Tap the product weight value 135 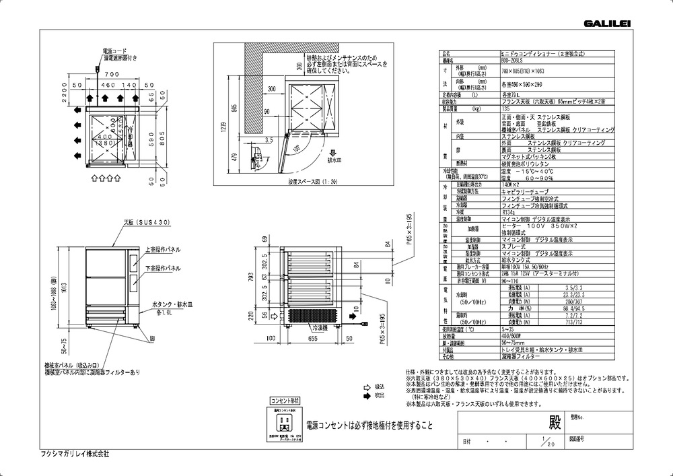click(x=505, y=108)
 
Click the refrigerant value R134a click(x=508, y=211)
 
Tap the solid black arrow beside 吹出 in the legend click(x=367, y=396)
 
